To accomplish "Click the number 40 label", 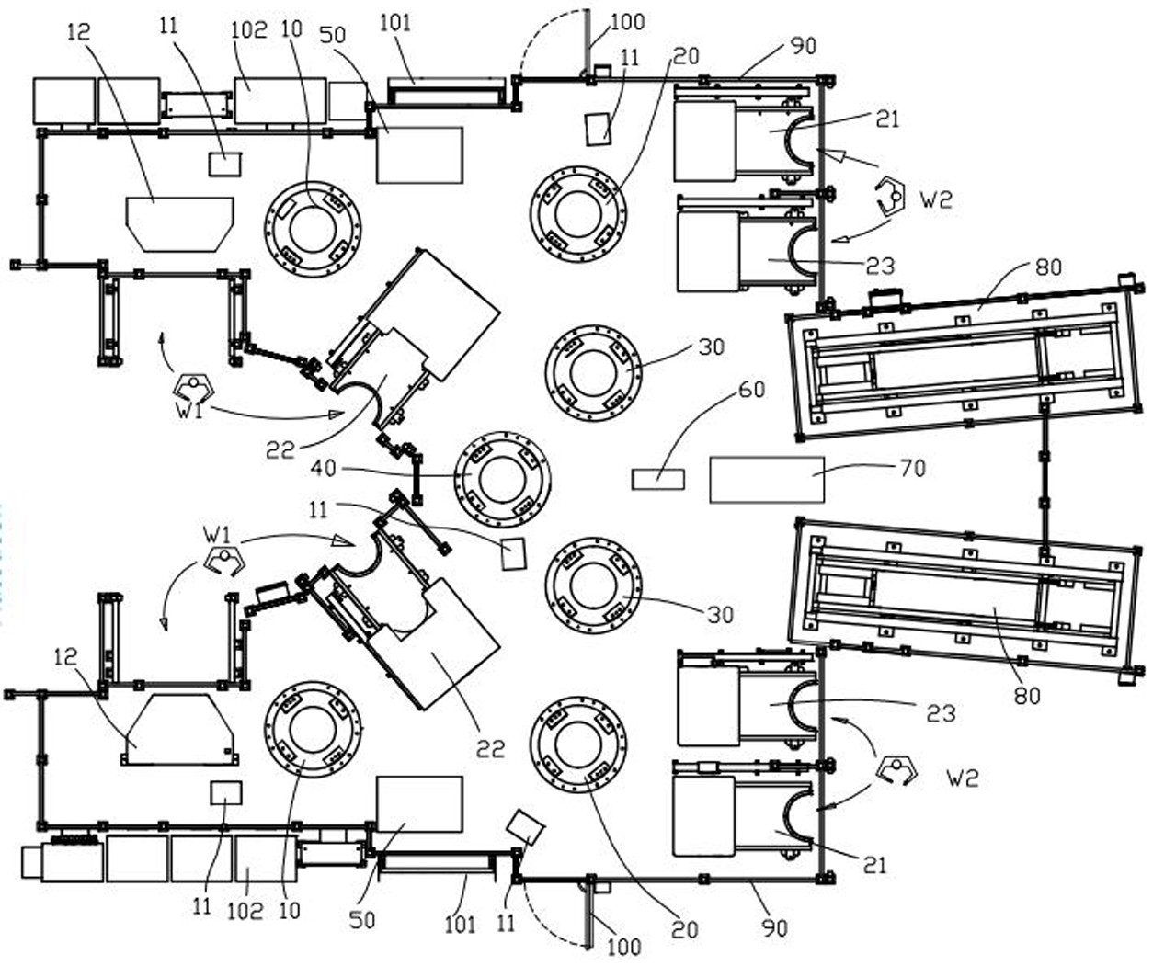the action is (x=323, y=469).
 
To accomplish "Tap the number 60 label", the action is (x=751, y=390).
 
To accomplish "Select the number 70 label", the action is (x=912, y=469).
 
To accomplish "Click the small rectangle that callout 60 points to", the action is (x=658, y=479).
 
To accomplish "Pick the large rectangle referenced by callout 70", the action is (x=767, y=480).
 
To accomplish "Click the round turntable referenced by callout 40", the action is (x=502, y=480).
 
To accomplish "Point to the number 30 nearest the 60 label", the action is (x=712, y=347).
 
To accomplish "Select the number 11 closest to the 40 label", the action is (x=318, y=509).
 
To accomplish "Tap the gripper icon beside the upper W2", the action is (x=890, y=197).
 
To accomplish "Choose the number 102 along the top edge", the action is (x=249, y=29).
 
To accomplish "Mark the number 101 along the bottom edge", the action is (x=460, y=925).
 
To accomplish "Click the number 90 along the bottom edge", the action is (x=773, y=929).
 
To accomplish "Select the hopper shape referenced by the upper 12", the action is (x=180, y=224).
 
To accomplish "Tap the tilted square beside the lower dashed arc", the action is (x=526, y=828).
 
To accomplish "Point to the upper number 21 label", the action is (x=887, y=119).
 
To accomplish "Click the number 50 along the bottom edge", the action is (x=361, y=920).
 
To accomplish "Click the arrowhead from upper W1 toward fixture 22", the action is (x=337, y=414).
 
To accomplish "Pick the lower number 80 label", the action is (x=1027, y=696).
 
